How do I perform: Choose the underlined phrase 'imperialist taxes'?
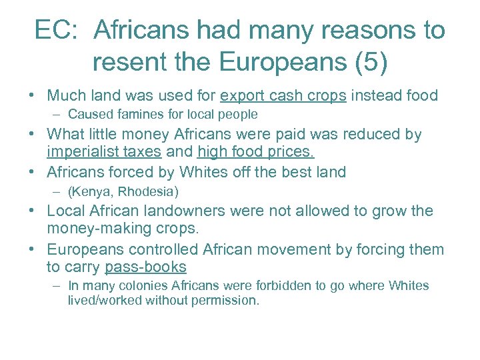[x=104, y=151]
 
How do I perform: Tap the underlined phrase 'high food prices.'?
[x=256, y=151]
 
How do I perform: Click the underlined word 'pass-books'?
[x=145, y=267]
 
